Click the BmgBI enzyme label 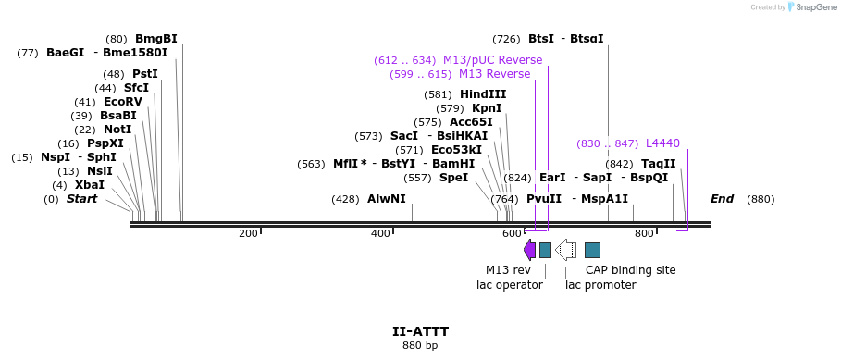[x=155, y=39]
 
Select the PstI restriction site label [x=144, y=74]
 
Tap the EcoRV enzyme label [x=123, y=102]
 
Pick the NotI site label [x=117, y=130]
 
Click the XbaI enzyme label [x=90, y=185]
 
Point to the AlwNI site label [x=386, y=199]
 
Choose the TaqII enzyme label [x=658, y=164]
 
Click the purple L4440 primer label [x=662, y=143]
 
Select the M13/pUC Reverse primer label [x=492, y=60]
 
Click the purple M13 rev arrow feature [x=529, y=250]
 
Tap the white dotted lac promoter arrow [x=565, y=250]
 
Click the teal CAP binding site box [x=592, y=250]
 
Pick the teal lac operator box [x=545, y=250]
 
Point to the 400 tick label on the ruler [x=380, y=233]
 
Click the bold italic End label [x=722, y=199]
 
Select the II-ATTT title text [x=420, y=330]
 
